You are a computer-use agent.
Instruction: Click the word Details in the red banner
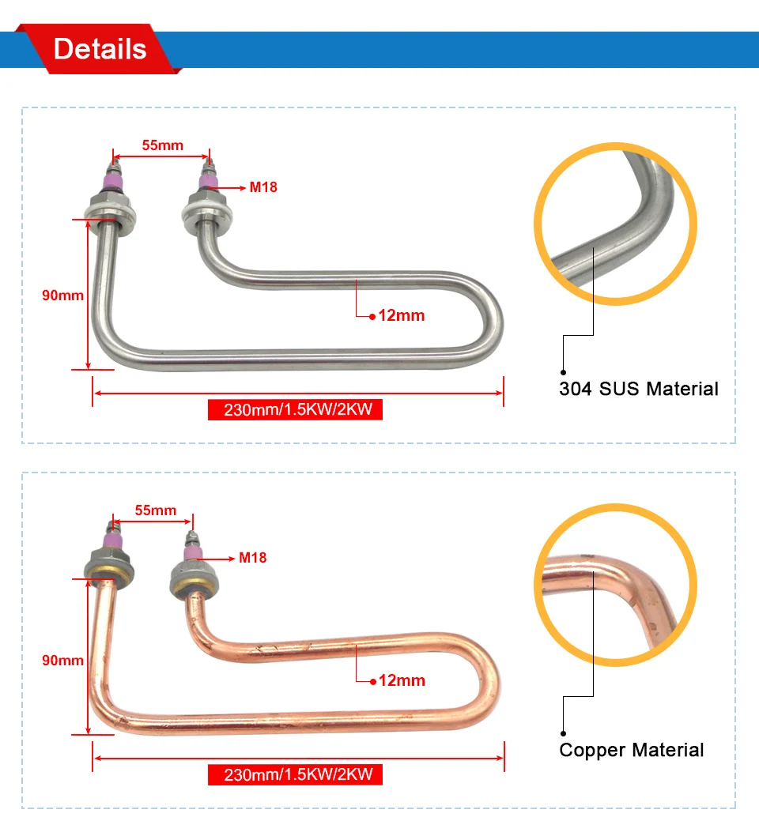(x=100, y=49)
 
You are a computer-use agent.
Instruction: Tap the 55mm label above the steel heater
(x=163, y=145)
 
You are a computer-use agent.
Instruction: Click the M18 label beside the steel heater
(x=263, y=187)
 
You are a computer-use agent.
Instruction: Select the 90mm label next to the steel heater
(x=63, y=295)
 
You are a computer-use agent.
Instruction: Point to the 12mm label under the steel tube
(x=401, y=315)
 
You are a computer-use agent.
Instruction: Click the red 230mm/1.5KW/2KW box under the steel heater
(x=295, y=409)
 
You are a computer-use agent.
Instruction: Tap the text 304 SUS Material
(x=639, y=389)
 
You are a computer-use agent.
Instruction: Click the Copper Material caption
(x=632, y=750)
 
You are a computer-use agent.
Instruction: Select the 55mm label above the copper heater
(x=155, y=510)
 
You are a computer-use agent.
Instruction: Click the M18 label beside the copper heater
(x=253, y=558)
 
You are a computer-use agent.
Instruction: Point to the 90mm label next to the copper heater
(x=63, y=660)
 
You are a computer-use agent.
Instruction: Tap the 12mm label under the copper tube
(x=402, y=681)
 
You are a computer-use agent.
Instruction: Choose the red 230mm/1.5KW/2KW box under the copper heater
(x=295, y=774)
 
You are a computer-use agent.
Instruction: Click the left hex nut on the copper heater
(x=109, y=566)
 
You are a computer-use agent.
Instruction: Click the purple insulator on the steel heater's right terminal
(x=208, y=181)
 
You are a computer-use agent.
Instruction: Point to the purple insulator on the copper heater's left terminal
(x=113, y=540)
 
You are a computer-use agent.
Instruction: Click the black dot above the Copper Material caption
(x=563, y=733)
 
